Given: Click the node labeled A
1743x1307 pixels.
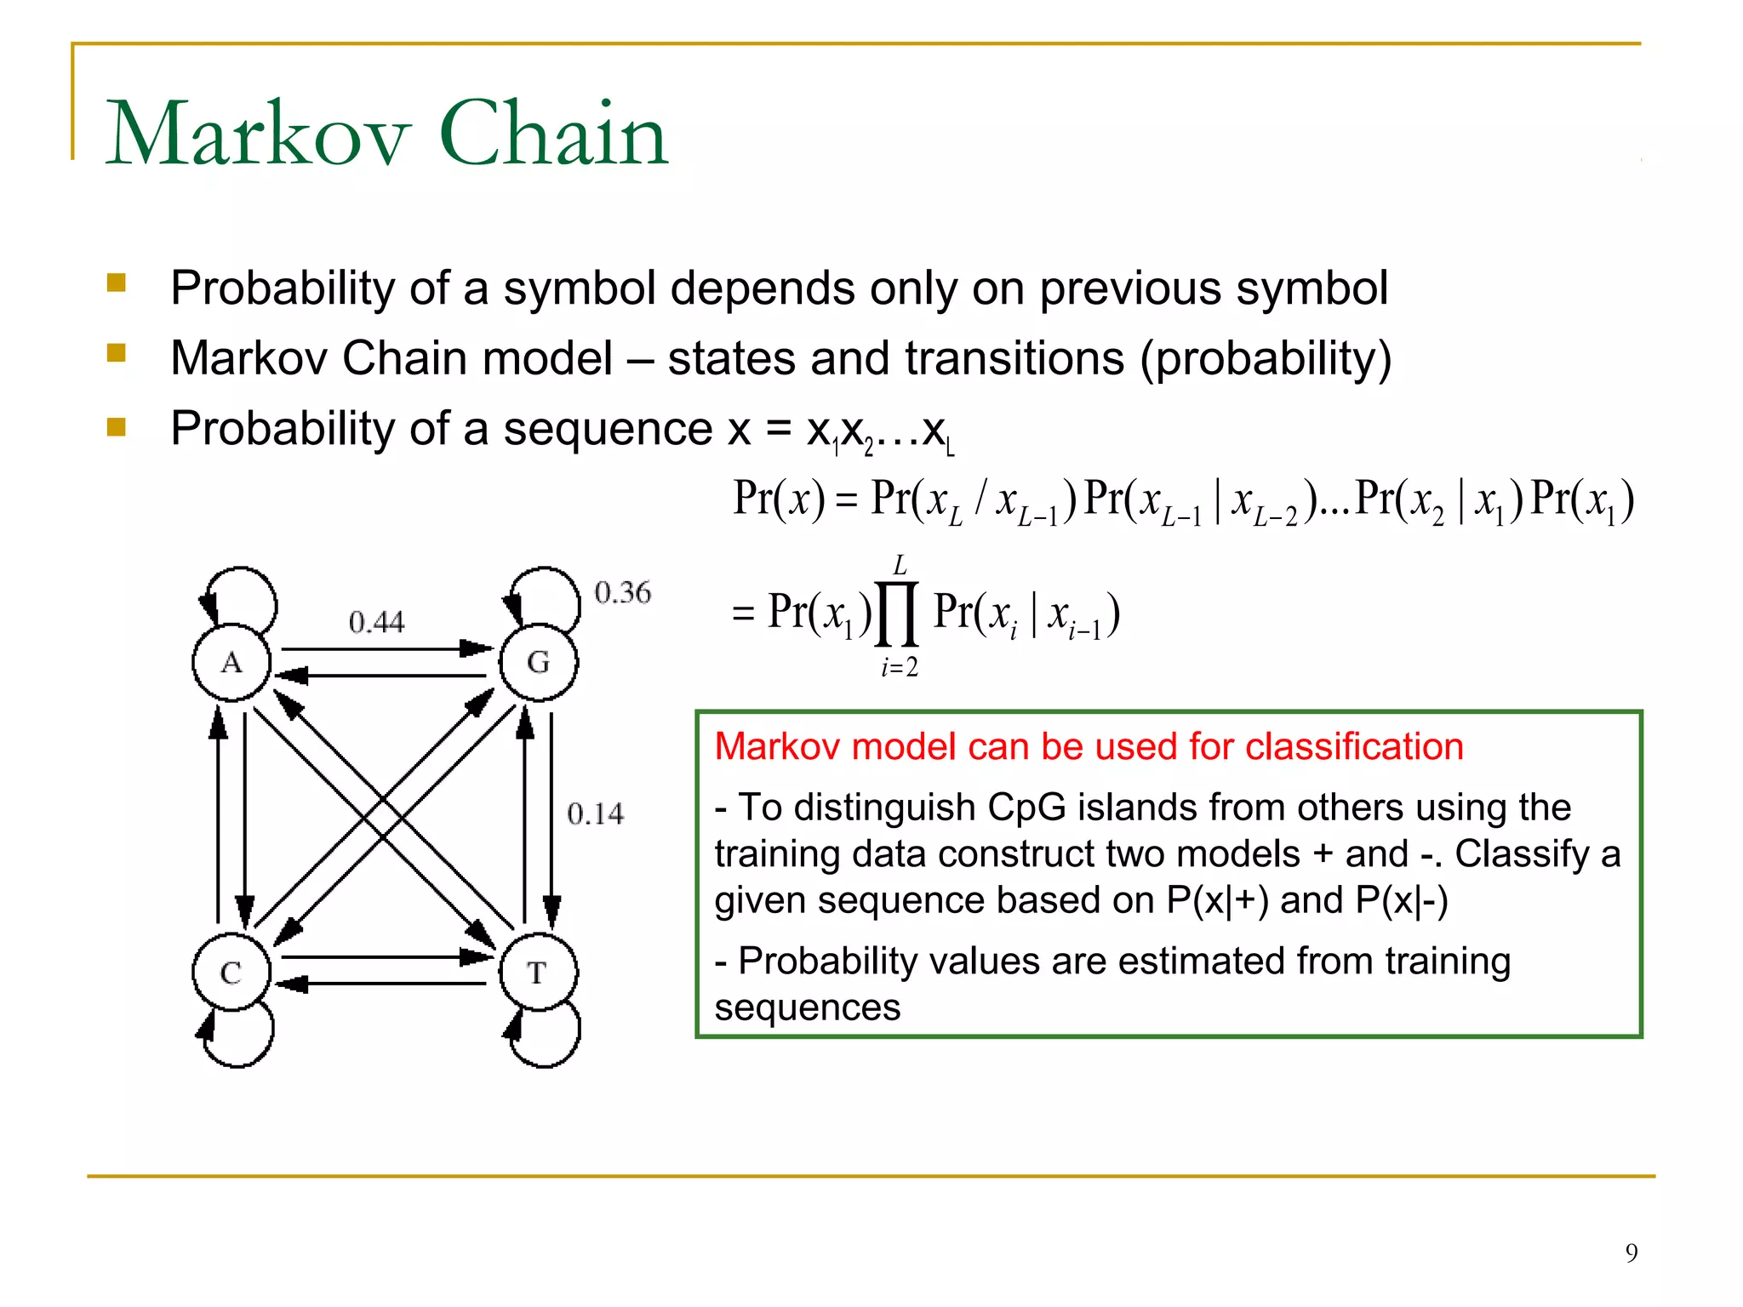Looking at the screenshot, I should (231, 663).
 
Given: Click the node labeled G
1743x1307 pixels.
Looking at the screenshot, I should (538, 663).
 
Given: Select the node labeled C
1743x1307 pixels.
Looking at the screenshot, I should (231, 973).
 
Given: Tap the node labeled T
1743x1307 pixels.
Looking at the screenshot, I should (538, 973).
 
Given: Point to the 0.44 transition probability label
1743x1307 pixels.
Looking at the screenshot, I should (376, 622).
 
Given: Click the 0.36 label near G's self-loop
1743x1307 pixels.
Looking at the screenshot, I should (622, 592).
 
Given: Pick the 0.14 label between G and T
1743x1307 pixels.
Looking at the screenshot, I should (595, 813).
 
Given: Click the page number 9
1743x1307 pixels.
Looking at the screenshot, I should (1631, 1253).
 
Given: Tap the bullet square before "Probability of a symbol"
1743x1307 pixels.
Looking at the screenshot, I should (117, 283).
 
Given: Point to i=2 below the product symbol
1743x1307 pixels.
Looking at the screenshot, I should (899, 668).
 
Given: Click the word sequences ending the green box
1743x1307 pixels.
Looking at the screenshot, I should (807, 1007).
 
